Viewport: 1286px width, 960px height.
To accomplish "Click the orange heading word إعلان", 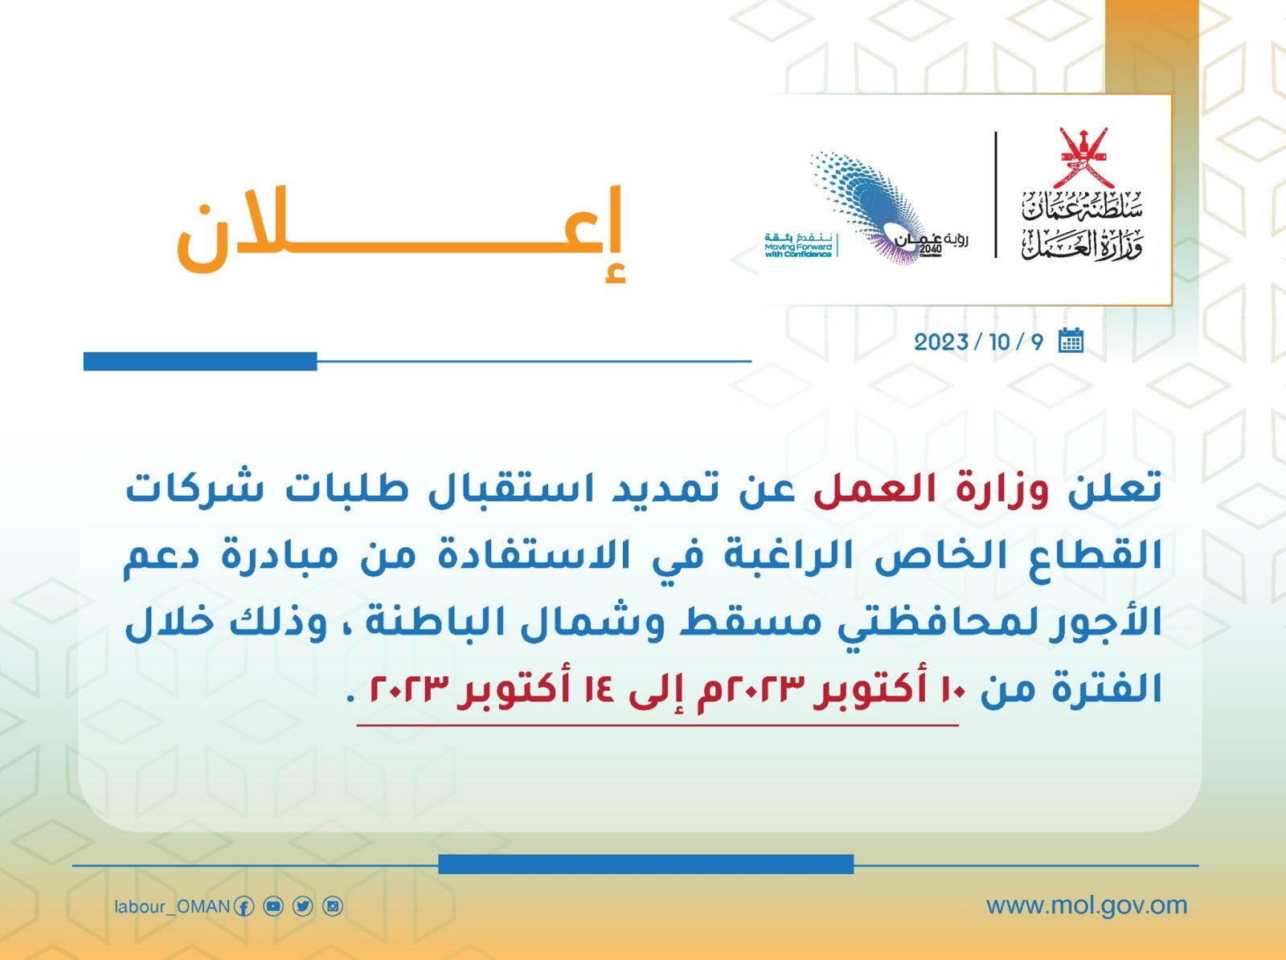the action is point(401,233).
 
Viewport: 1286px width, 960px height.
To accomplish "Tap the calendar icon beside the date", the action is point(1071,341).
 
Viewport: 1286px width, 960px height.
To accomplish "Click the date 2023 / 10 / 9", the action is point(979,342).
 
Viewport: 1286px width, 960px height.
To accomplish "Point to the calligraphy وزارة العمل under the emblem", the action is point(1082,244).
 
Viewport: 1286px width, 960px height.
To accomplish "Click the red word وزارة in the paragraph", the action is point(1002,491).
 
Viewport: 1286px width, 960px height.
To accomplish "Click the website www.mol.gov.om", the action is point(1087,905).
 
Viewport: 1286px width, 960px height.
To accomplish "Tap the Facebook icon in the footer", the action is point(244,907).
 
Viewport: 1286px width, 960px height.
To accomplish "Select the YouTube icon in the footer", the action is point(273,907).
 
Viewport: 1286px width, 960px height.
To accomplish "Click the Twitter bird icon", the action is point(303,907).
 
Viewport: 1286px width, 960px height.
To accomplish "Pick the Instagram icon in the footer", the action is point(333,907).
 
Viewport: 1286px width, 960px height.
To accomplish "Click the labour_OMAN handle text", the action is point(172,907).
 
